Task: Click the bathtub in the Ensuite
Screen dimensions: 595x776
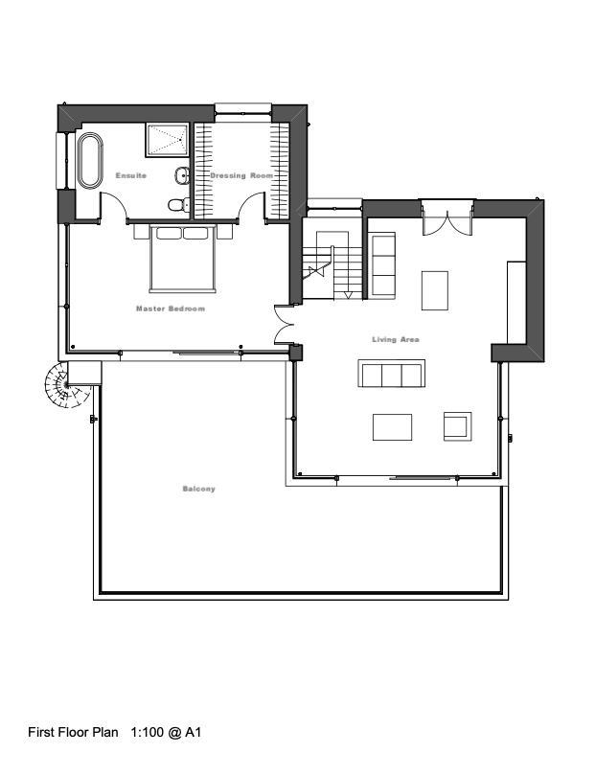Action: (x=90, y=160)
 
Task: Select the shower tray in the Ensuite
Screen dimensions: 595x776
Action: (x=168, y=140)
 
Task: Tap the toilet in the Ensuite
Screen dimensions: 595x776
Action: (x=179, y=204)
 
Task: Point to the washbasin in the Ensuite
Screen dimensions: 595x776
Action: (x=182, y=175)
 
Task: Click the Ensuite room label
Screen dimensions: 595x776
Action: (x=131, y=175)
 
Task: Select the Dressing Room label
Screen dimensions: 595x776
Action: (x=241, y=175)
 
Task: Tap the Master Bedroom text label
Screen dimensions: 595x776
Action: (x=171, y=308)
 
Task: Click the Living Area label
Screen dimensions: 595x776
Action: (x=396, y=339)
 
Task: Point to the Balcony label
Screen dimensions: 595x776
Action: (x=199, y=489)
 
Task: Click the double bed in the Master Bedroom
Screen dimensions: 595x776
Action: (x=183, y=259)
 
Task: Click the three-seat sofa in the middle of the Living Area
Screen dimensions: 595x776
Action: (x=392, y=374)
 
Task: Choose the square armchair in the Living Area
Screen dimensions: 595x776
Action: (x=457, y=426)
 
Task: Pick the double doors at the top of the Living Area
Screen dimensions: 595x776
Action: (x=448, y=218)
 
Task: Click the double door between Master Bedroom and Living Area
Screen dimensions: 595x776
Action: (x=285, y=325)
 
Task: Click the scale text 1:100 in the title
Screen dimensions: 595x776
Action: (x=147, y=732)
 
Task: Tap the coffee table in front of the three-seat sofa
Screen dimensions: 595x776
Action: (x=392, y=427)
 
